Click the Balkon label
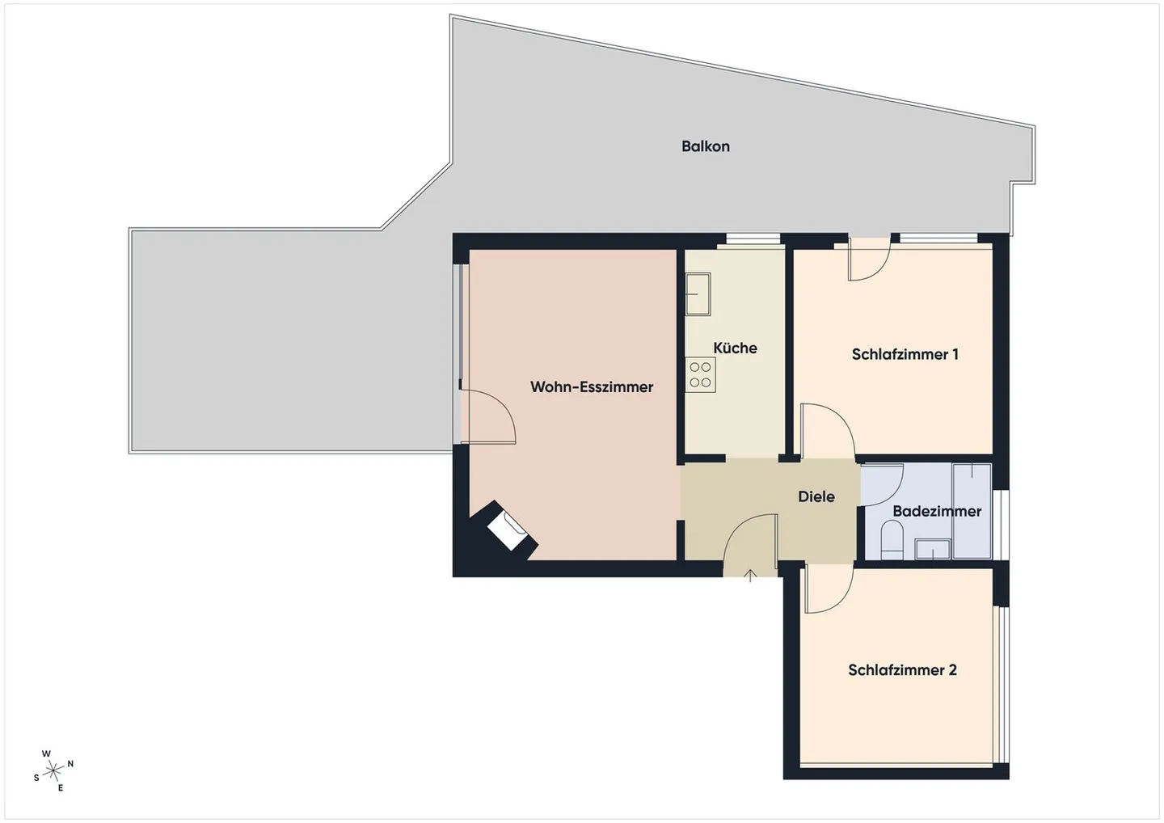click(705, 146)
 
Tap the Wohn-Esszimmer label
click(591, 387)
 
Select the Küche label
click(735, 348)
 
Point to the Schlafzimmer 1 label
click(905, 354)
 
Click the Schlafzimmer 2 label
click(902, 670)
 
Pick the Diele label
click(816, 497)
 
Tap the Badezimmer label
click(936, 512)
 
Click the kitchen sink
click(698, 293)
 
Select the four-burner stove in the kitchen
click(700, 375)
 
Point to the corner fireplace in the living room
click(508, 530)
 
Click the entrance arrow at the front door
click(750, 576)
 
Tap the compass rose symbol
click(53, 770)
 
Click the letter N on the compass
click(70, 764)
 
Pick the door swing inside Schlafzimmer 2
click(826, 589)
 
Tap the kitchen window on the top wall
click(753, 238)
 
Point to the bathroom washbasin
click(933, 550)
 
